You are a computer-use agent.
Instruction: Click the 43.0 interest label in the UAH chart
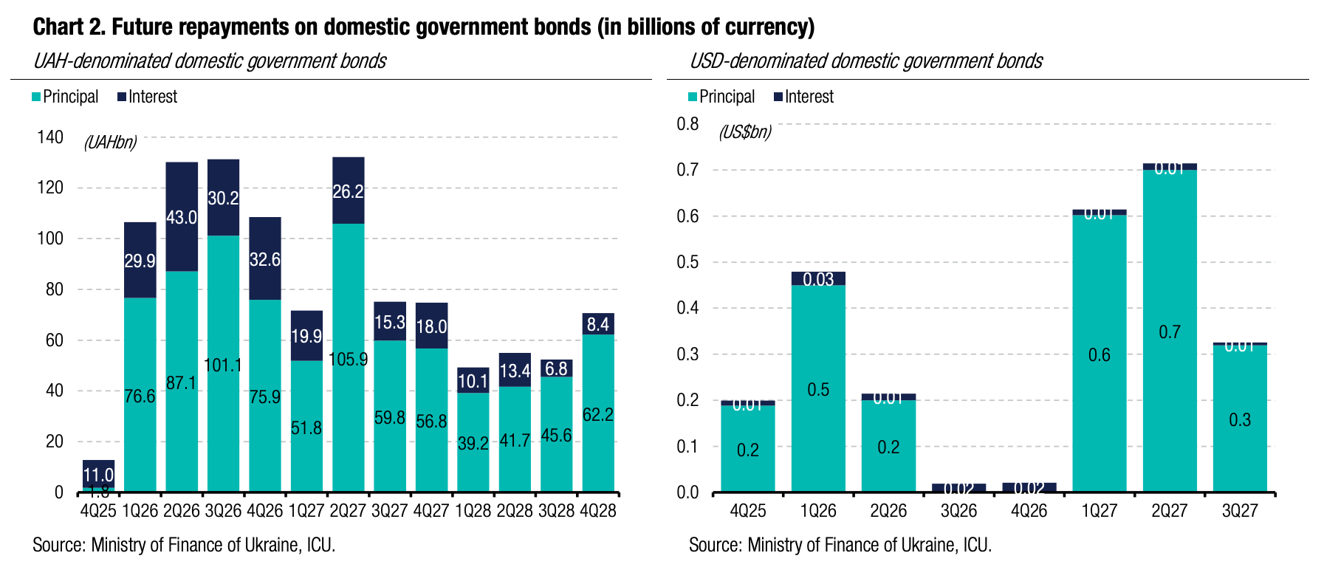tap(182, 218)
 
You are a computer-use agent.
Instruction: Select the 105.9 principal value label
tap(349, 360)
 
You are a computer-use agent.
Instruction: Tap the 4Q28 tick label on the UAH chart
tap(598, 511)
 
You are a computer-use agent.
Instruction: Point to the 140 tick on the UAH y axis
tap(50, 137)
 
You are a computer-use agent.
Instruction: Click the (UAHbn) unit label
tap(110, 142)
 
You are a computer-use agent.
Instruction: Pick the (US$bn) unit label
tap(744, 132)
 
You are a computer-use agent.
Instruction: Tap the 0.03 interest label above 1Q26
tap(818, 279)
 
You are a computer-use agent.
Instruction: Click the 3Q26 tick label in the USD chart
tap(958, 511)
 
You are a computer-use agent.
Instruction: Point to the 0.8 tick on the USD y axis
tap(687, 123)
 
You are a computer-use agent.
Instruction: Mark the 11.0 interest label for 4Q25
tap(98, 475)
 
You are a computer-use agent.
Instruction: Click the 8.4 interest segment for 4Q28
tap(598, 324)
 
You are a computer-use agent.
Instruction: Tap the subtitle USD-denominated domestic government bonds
tap(865, 61)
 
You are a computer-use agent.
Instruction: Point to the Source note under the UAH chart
tap(184, 545)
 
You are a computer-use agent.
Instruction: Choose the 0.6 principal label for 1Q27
tap(1100, 355)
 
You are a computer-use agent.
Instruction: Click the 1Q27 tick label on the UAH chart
tap(306, 511)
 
